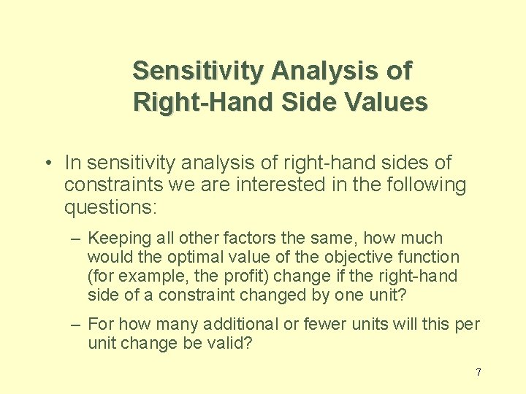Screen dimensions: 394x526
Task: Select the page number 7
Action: (479, 372)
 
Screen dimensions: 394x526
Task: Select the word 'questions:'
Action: (110, 208)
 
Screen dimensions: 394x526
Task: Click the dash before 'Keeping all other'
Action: (76, 239)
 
